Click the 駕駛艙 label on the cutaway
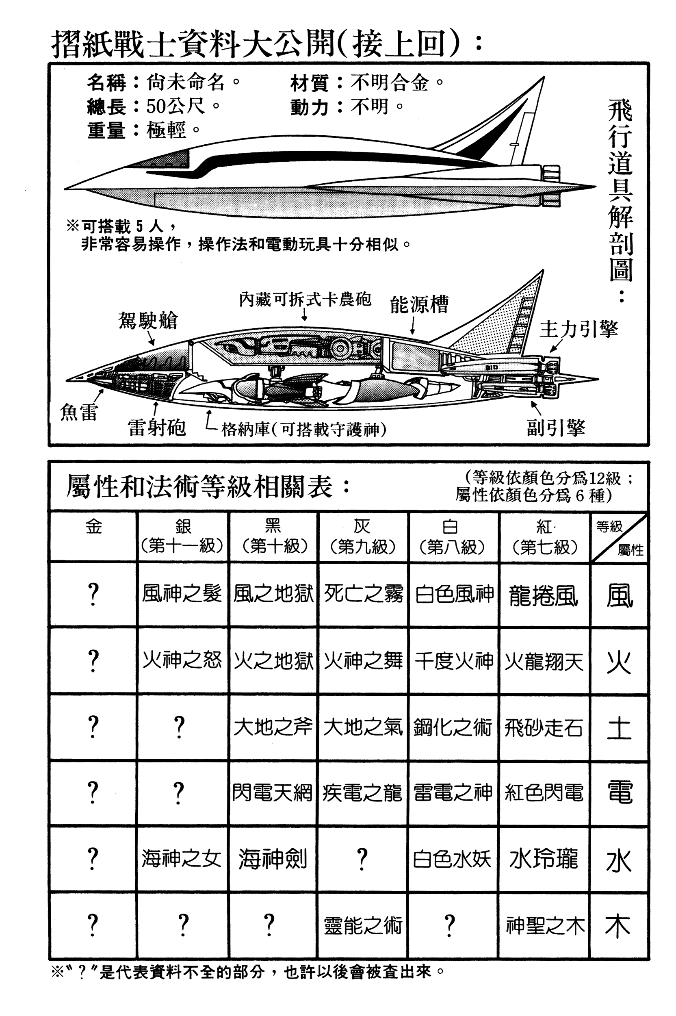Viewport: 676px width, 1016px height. (148, 320)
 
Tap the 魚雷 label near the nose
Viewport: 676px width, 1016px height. (79, 412)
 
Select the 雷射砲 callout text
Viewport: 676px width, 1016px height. (156, 428)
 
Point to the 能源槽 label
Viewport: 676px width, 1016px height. (419, 304)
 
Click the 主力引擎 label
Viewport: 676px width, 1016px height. (578, 330)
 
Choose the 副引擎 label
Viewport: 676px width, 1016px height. (556, 428)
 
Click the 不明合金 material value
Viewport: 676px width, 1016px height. (390, 82)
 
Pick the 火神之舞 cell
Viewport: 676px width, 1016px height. (363, 661)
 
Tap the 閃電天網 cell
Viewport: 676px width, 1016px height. (272, 792)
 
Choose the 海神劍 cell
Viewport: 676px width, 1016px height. (273, 858)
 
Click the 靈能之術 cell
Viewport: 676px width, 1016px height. (363, 925)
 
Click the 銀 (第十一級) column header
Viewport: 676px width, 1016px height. (182, 536)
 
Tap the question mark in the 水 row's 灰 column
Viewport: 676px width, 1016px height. (362, 858)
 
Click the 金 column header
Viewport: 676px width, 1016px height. (93, 527)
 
